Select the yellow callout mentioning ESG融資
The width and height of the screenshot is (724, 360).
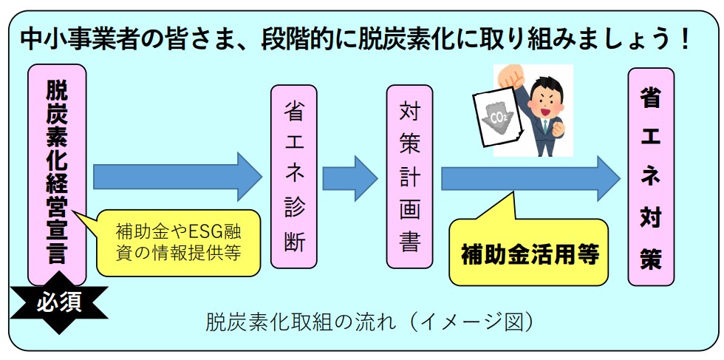pos(178,241)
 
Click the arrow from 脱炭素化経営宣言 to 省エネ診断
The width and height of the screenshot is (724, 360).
pos(177,177)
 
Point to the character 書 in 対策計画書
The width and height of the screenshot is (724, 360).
pos(409,243)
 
